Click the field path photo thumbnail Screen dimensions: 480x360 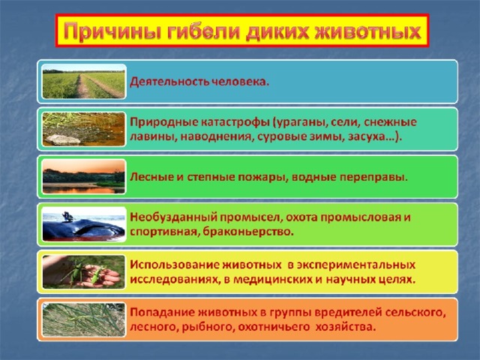tap(83, 82)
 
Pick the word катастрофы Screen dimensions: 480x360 tap(235, 121)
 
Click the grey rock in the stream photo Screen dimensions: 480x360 tap(61, 139)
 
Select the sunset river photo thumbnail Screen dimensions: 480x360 tap(83, 177)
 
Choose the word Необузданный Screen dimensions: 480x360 tap(174, 217)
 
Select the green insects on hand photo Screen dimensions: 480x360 tap(83, 271)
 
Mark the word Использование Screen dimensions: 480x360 tap(175, 265)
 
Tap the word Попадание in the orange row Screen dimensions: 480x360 tap(162, 313)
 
